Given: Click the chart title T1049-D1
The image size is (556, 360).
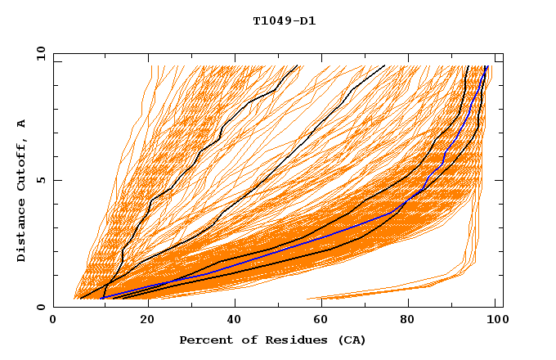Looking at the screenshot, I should click(284, 21).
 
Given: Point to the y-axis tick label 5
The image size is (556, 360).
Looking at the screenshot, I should click(43, 180).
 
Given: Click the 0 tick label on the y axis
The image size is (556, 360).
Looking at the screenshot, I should click(43, 307).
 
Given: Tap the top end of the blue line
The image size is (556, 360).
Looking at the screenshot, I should click(486, 66).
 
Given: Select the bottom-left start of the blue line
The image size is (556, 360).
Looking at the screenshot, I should click(101, 299).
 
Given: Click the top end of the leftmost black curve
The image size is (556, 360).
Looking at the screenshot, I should click(298, 66).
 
